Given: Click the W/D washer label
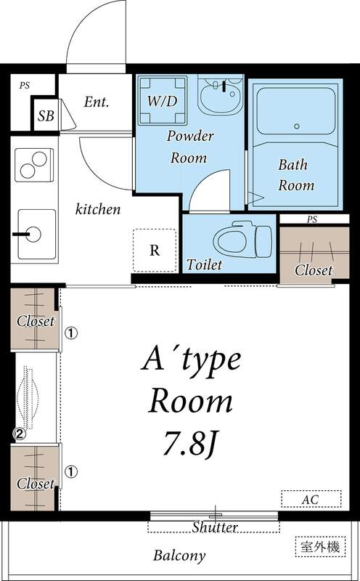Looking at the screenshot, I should coord(160,102).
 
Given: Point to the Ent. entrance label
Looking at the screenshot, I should coord(96,102).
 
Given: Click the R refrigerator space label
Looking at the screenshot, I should coord(155,251).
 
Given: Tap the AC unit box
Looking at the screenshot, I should coord(310,500).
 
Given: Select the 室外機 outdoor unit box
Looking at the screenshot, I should coord(319,546).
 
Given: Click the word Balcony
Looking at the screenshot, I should coord(179,556).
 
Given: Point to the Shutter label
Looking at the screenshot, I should coord(215,527).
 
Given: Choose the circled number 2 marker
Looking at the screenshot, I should coord(20,434).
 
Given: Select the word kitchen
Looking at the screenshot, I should coord(98,209).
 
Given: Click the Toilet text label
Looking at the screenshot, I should coord(205,265).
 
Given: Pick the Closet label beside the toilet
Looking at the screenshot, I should coord(314,270).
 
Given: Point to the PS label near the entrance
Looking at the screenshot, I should coord(24,86).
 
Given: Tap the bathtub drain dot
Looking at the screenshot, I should coord(296,126).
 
